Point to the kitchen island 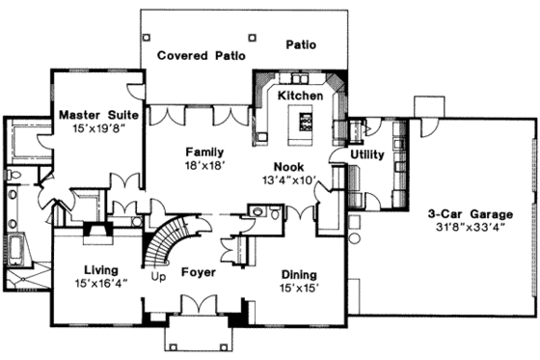pos(306,121)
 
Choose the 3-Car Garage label pos(471,214)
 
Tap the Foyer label pos(198,272)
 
